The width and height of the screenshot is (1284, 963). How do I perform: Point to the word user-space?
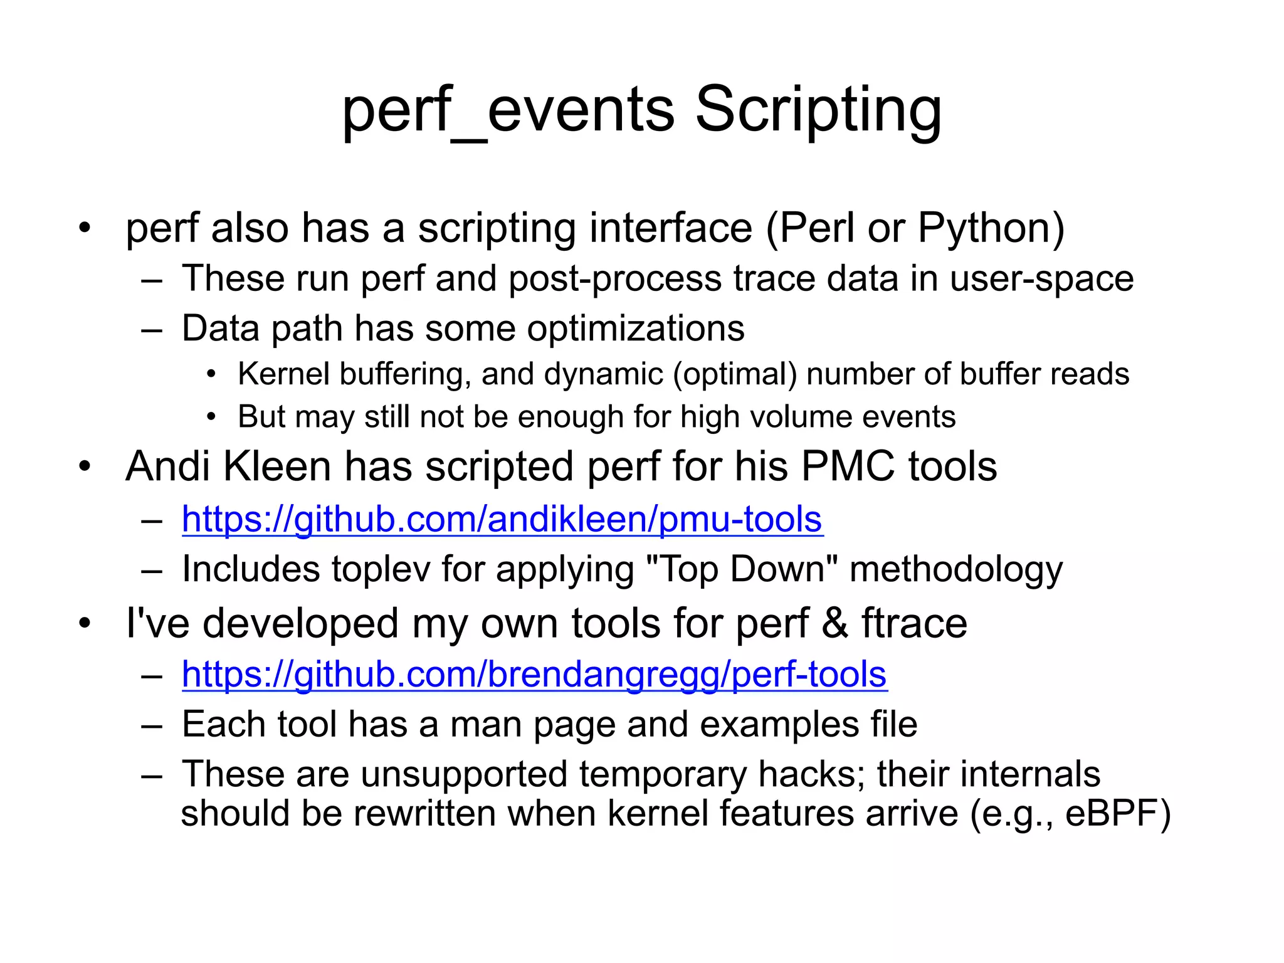(x=1041, y=278)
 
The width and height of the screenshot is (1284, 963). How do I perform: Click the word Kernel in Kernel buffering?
(x=283, y=374)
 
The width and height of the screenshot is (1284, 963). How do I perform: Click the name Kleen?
(x=277, y=466)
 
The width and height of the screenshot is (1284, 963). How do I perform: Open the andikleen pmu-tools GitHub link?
(x=502, y=519)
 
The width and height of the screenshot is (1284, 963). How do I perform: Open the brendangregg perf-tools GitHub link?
(x=534, y=675)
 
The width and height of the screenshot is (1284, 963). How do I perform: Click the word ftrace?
(x=914, y=623)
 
